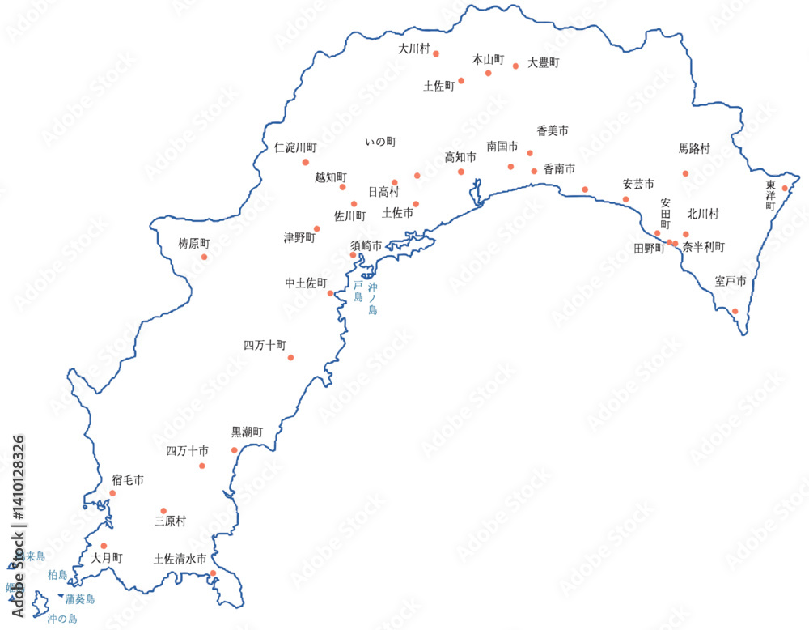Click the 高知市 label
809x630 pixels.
[x=460, y=157]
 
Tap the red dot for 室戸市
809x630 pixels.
[x=735, y=311]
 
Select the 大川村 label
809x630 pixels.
[x=413, y=49]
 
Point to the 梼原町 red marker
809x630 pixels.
[x=204, y=258]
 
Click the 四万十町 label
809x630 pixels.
[x=265, y=345]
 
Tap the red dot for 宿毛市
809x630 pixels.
[x=112, y=493]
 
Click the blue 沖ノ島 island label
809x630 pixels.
[x=373, y=300]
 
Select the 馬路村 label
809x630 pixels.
[x=694, y=149]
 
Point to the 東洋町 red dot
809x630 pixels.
[x=784, y=189]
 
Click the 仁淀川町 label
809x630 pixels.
[x=295, y=148]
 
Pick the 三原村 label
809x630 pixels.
[x=170, y=521]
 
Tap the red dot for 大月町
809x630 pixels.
[x=104, y=546]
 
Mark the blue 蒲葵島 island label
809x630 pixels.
[x=80, y=599]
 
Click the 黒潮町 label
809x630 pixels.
[x=248, y=432]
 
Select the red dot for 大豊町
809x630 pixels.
[x=515, y=66]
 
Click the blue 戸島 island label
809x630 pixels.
[x=358, y=292]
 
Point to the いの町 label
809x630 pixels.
[x=380, y=142]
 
